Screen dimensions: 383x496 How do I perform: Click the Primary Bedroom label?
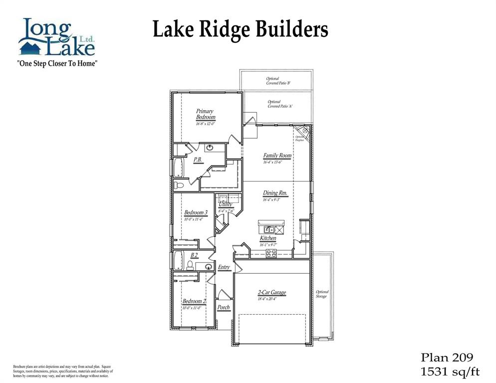(205, 114)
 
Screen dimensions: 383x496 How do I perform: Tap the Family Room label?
(277, 156)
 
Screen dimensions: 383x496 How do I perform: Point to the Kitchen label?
(268, 238)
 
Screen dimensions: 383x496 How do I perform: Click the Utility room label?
(225, 204)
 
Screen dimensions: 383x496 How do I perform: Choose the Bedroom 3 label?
(196, 212)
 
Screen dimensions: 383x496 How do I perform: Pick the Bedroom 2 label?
(194, 301)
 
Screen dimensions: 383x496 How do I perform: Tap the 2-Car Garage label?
(272, 293)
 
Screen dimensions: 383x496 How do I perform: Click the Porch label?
(224, 307)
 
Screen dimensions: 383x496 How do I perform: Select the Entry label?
(224, 267)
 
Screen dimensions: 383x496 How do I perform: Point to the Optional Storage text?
(322, 294)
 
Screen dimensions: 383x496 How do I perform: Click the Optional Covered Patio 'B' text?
(278, 81)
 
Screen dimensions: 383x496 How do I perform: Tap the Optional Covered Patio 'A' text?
(280, 104)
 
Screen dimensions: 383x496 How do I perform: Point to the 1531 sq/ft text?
(450, 371)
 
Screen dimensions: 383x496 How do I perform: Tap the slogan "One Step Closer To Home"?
(56, 63)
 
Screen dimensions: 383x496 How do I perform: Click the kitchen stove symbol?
(271, 253)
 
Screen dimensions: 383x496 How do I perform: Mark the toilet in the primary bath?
(180, 185)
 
